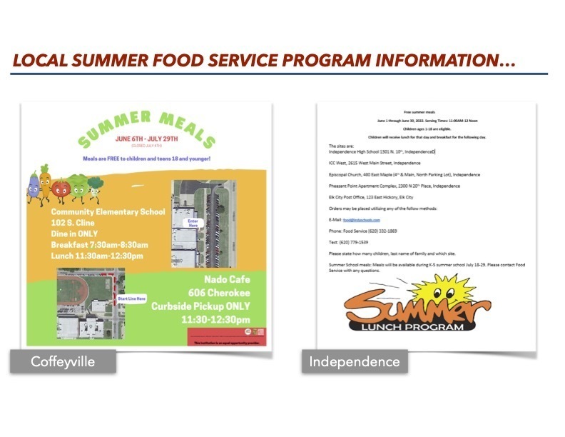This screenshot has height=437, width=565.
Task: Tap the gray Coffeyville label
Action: click(63, 361)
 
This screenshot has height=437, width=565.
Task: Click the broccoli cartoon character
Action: click(96, 187)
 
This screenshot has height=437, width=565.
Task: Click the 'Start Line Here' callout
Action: click(132, 298)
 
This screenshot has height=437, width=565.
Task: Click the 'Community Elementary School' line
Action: click(108, 211)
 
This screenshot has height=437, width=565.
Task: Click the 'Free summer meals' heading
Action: click(419, 113)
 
